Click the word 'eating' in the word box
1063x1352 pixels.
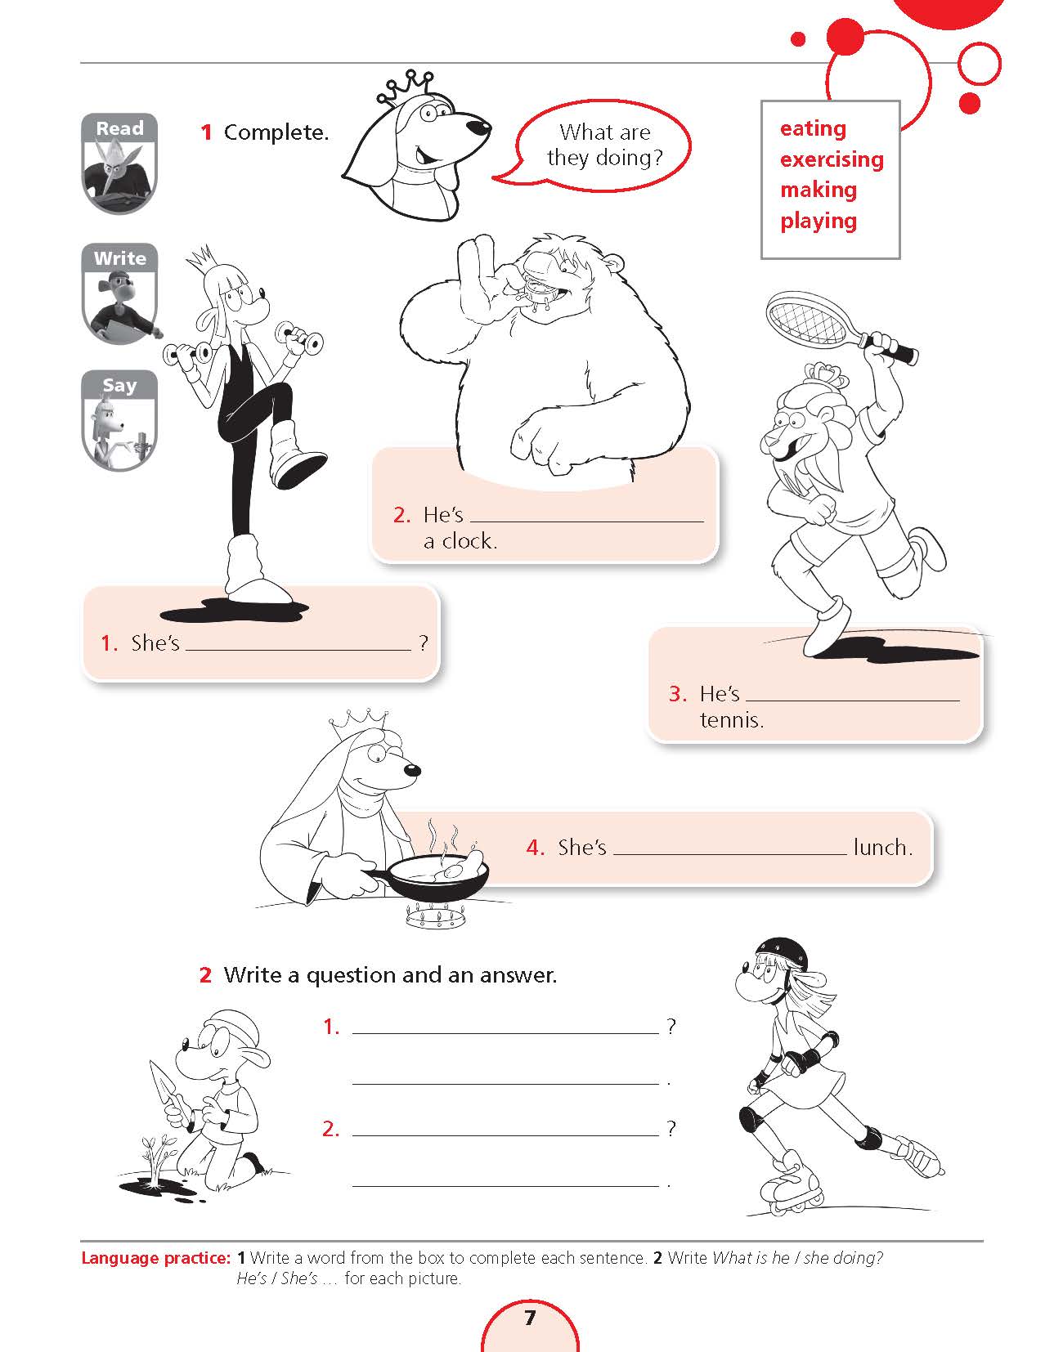[x=813, y=129]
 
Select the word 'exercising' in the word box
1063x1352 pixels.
[x=832, y=160]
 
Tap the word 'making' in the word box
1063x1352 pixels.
[x=819, y=190]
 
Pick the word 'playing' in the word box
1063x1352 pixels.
[x=819, y=221]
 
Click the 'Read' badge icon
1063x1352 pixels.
[x=119, y=163]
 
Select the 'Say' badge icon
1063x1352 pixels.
[x=119, y=421]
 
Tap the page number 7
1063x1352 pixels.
[x=530, y=1317]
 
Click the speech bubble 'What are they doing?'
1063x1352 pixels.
[x=598, y=145]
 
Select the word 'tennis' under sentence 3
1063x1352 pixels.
[x=731, y=720]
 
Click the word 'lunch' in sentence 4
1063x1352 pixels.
[x=882, y=847]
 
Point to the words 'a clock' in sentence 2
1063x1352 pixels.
[x=460, y=541]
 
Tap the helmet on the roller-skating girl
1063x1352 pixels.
[x=782, y=956]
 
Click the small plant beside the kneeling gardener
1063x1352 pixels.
[x=155, y=1157]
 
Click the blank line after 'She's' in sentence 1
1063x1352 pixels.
[x=298, y=650]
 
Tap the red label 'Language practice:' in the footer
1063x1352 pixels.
[x=155, y=1257]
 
